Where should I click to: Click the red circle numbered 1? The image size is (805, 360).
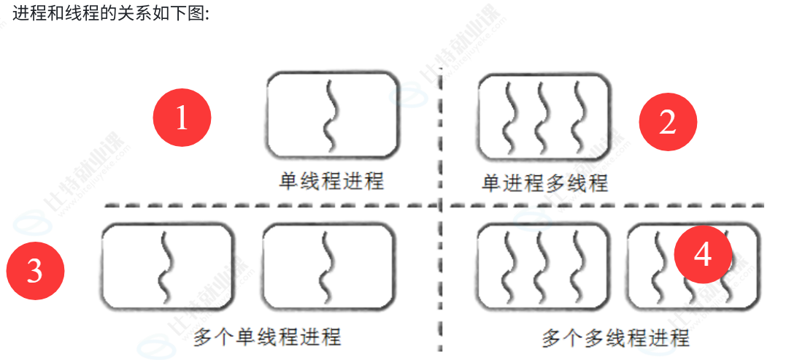coord(182,118)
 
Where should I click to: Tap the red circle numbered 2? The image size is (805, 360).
coord(668,123)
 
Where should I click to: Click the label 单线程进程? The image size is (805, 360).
coord(331,180)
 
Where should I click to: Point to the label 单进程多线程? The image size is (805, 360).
coord(544,182)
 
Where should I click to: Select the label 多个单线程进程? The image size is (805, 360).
coord(267,337)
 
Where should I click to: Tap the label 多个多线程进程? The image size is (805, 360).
coord(615,338)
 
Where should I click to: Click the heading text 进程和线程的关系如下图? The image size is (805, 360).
coord(109,13)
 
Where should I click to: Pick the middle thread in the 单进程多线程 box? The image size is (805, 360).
coord(542,117)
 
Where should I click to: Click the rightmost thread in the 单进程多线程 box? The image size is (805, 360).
coord(579,117)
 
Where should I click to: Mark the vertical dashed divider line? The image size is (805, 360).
coord(441,277)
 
